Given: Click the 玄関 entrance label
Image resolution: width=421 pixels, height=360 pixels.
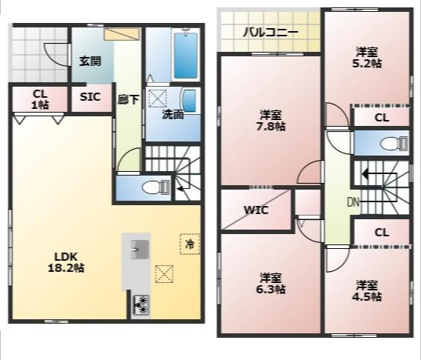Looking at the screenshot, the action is (90, 61).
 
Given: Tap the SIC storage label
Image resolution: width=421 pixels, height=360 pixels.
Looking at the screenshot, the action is (90, 97).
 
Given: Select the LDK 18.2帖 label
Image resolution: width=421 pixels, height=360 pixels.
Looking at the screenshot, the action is (66, 262).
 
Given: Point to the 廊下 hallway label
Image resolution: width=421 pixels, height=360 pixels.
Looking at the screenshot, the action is (128, 100).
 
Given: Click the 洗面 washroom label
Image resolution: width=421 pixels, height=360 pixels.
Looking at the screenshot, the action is (172, 115).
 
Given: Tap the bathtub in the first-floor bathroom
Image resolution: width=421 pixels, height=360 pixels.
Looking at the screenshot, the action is (186, 55).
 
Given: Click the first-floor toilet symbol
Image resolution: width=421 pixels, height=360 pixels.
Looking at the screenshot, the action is (155, 187).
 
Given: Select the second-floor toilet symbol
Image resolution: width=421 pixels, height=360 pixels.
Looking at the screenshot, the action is (394, 143).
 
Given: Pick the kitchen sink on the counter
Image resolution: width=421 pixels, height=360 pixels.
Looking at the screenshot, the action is (140, 250).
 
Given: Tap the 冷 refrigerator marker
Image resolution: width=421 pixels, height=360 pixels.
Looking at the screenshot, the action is (190, 244).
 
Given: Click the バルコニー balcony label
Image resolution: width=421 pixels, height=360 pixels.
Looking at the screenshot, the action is (271, 33).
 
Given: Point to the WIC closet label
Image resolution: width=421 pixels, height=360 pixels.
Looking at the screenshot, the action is (256, 210).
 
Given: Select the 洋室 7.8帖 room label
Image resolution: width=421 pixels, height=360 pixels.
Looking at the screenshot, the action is (271, 121).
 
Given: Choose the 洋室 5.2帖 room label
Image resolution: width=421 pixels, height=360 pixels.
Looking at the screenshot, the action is (367, 57).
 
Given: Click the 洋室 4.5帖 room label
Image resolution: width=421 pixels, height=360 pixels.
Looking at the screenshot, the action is (367, 290).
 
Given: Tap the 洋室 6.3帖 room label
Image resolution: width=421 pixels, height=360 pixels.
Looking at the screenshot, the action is (271, 284).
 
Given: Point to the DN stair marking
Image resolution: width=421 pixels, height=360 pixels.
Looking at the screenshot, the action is (354, 202).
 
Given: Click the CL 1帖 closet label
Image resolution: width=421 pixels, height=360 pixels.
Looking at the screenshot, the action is (40, 99).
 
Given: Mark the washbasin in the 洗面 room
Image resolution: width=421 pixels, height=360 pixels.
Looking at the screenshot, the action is (189, 101).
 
